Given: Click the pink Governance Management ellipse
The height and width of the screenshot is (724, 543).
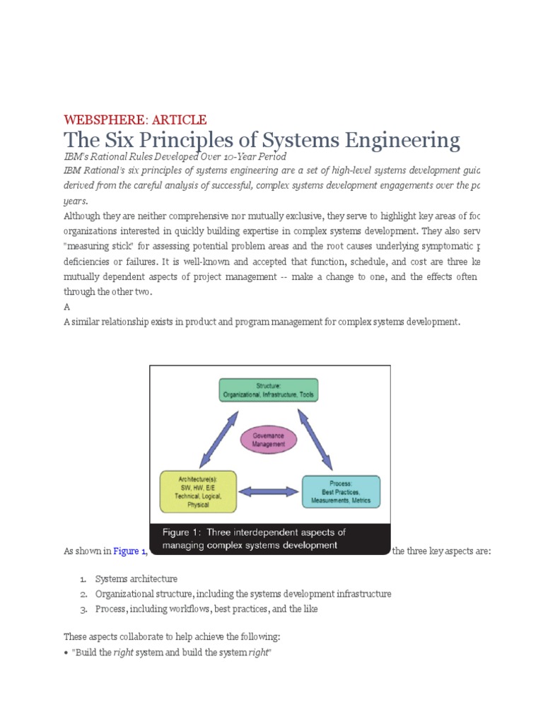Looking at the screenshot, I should click(268, 440).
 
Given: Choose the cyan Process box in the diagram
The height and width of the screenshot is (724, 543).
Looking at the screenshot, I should click(341, 491).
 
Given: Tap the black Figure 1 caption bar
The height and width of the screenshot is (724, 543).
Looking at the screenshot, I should click(270, 539).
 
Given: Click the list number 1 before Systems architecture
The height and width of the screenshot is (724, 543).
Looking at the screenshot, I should click(83, 579).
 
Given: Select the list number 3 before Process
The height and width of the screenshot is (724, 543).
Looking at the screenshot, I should click(83, 609).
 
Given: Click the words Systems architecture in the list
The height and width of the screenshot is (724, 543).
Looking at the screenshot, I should click(136, 579).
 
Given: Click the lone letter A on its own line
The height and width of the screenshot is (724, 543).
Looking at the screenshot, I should click(66, 307).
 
